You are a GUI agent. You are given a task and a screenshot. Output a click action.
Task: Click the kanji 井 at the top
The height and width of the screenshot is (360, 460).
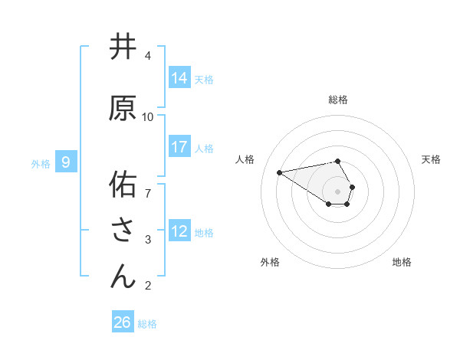(x=123, y=47)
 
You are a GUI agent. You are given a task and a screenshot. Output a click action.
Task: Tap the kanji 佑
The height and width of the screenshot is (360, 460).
(x=123, y=185)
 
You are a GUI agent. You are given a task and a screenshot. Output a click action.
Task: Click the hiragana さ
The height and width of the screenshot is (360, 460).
(x=123, y=231)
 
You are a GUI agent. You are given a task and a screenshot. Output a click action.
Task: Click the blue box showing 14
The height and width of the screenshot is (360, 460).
(x=179, y=78)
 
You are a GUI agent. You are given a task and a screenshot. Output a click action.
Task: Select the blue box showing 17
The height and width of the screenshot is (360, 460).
(x=179, y=147)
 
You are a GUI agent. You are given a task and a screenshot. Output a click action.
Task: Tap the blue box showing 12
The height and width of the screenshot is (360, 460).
(x=179, y=231)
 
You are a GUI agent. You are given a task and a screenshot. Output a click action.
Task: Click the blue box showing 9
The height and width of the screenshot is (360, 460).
(x=66, y=162)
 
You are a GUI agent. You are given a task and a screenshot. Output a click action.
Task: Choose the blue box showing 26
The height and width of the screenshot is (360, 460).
(x=123, y=322)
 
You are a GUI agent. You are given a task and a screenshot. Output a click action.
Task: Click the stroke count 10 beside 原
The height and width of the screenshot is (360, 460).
(x=148, y=116)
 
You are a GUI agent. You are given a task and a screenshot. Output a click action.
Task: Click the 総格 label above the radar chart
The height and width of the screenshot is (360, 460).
(x=338, y=100)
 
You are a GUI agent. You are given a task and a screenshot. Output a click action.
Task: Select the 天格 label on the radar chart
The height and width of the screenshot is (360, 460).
(x=432, y=159)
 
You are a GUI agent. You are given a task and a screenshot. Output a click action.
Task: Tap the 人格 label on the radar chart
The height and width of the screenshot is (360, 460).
(x=245, y=159)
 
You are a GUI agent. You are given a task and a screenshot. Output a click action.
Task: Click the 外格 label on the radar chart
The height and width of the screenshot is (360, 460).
(x=270, y=262)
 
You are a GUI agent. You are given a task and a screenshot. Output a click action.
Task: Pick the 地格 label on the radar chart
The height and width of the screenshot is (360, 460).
(x=402, y=262)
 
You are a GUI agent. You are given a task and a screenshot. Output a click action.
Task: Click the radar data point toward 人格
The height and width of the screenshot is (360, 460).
(x=280, y=172)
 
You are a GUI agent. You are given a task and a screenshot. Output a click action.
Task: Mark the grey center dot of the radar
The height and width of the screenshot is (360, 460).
(x=338, y=191)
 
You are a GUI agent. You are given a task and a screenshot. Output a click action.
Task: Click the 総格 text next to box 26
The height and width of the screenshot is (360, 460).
(x=147, y=324)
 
